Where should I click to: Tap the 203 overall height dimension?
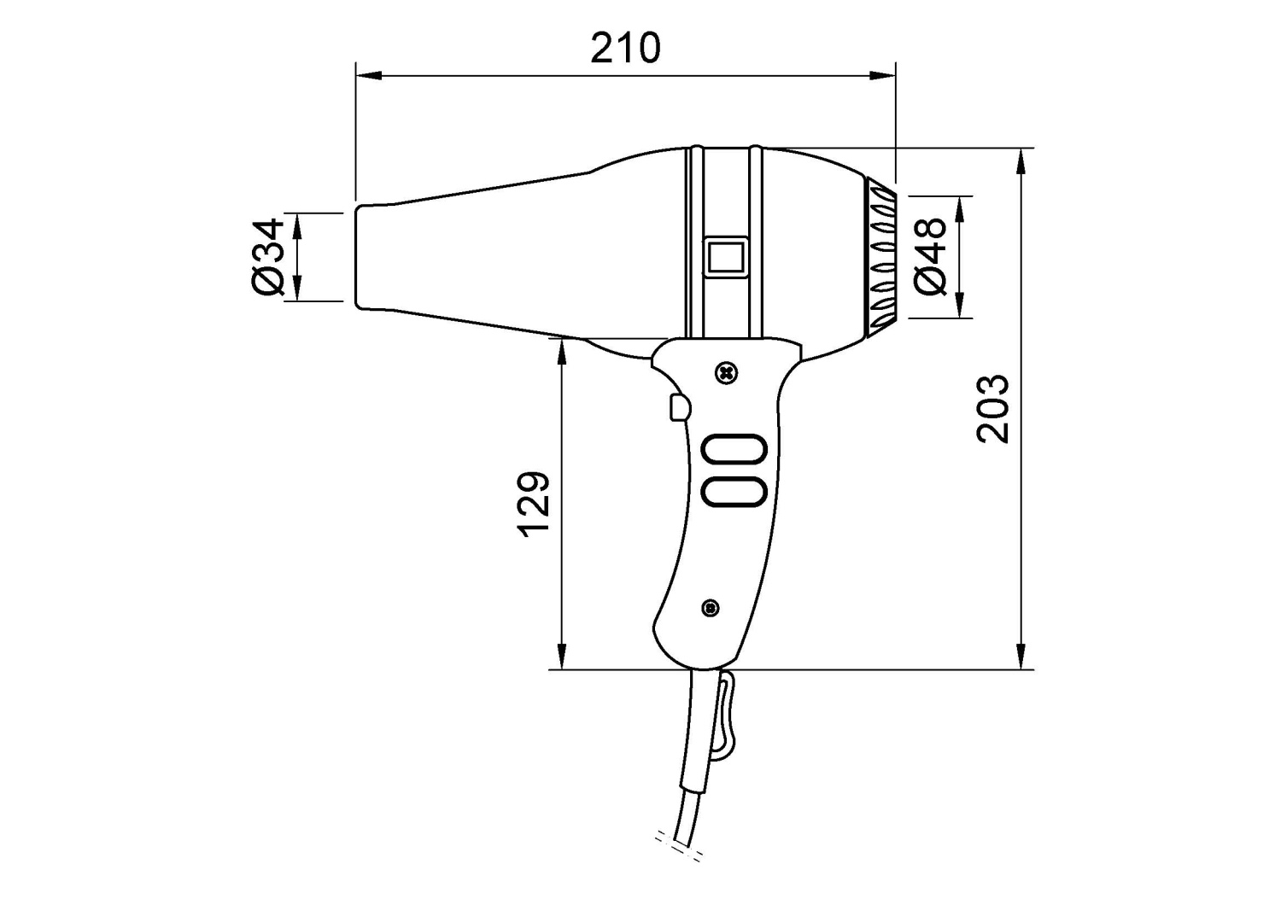tap(992, 409)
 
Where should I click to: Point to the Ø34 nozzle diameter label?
tap(267, 257)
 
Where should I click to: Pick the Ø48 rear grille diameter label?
tap(930, 257)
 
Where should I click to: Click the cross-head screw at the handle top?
tap(727, 374)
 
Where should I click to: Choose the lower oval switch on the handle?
tap(734, 491)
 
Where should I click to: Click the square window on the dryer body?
tap(726, 257)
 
